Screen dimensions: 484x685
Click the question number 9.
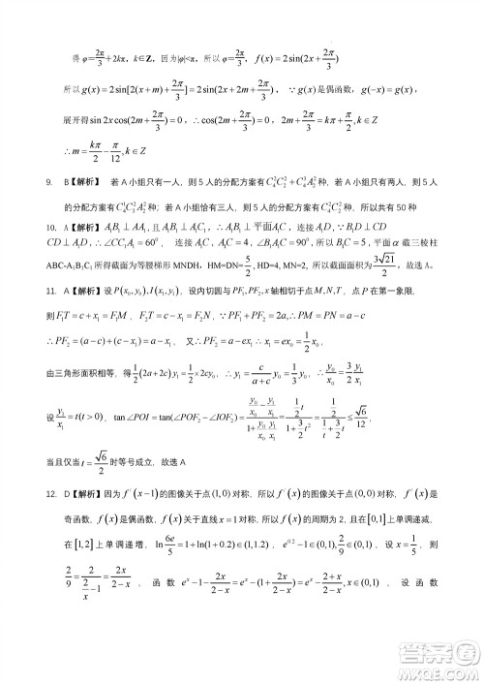click(x=49, y=181)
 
